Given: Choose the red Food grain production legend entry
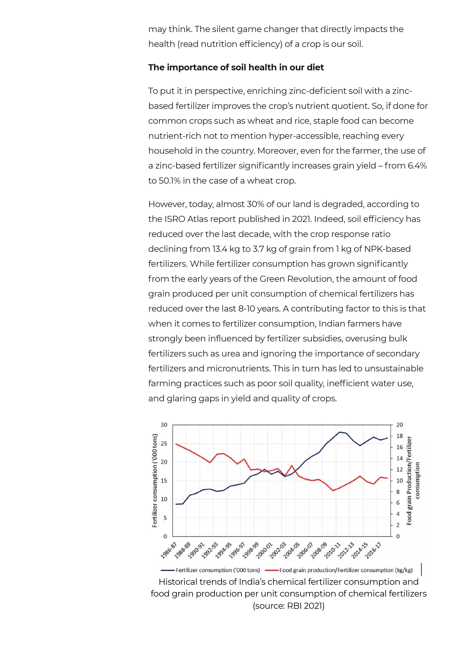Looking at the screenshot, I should (346, 570).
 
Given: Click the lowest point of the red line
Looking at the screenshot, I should (333, 491).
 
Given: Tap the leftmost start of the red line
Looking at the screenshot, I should (176, 444).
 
